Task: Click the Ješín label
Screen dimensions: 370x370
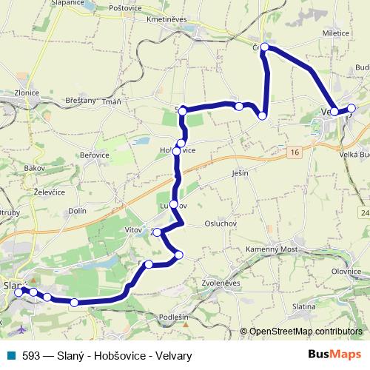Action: coord(239,172)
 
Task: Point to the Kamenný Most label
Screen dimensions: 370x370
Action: coord(272,251)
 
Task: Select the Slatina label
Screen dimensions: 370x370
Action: coord(304,306)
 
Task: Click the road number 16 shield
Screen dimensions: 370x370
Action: coord(295,152)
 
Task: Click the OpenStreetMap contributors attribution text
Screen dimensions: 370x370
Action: coord(305,332)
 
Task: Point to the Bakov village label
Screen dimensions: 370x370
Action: coord(35,169)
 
